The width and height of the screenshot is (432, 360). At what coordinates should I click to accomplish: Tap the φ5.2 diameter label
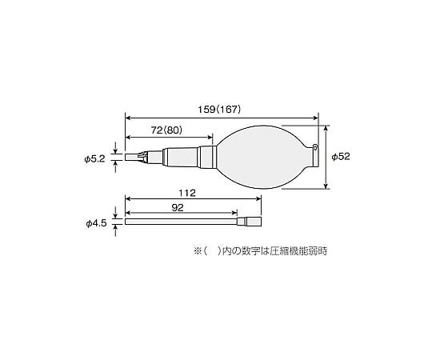tap(94, 158)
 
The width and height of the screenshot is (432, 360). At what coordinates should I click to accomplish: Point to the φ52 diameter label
tap(340, 157)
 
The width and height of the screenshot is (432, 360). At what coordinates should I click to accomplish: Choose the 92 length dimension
tap(178, 208)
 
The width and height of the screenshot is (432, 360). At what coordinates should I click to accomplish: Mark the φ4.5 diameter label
tap(94, 222)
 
